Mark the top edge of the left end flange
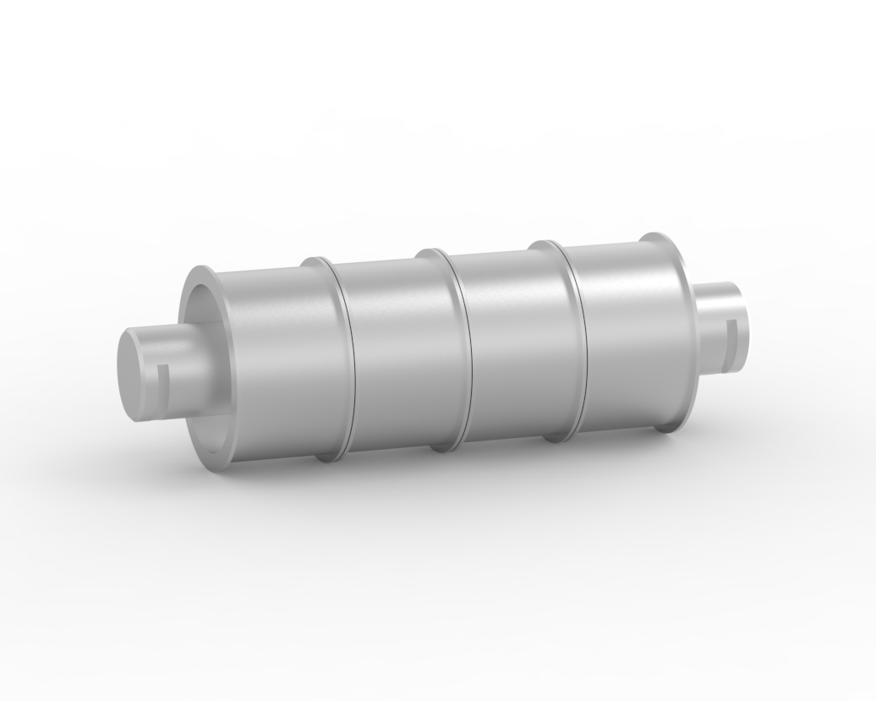(x=201, y=271)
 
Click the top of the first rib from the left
(x=317, y=260)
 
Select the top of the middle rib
(x=431, y=252)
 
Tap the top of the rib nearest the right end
(x=544, y=244)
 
